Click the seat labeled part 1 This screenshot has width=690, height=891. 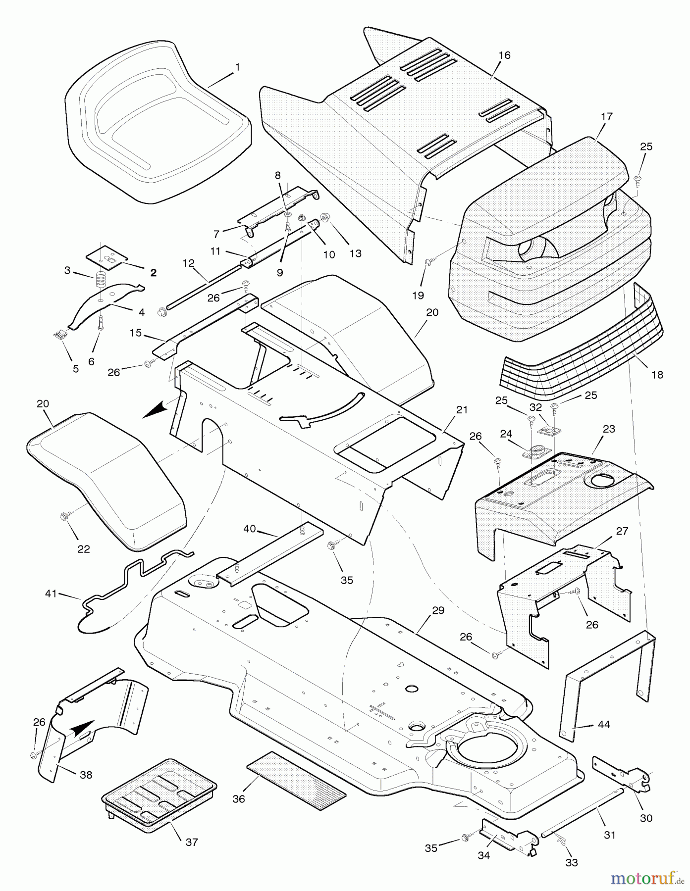154,124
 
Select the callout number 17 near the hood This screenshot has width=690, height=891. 606,117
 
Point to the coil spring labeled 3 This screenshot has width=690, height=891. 100,282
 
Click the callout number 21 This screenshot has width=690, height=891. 462,410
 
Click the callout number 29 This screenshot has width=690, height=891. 438,610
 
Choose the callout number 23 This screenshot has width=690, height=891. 609,429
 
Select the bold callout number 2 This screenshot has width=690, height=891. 153,272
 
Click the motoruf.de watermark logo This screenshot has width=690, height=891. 644,878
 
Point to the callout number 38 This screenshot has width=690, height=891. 86,775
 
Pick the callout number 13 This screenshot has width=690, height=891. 355,253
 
